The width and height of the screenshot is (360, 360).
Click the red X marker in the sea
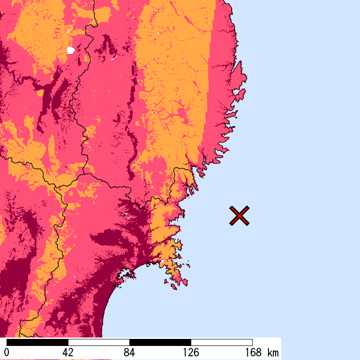[x=239, y=216]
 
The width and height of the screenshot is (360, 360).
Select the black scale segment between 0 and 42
[x=37, y=342]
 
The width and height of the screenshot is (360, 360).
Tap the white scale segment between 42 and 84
[x=99, y=342]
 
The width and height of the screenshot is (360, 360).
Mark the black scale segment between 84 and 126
[x=160, y=342]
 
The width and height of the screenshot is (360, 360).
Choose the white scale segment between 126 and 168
[x=222, y=342]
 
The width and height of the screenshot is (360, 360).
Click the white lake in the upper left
[x=71, y=50]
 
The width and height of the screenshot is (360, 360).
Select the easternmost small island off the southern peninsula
[x=186, y=283]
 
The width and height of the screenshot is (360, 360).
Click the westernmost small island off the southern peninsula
[x=166, y=282]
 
